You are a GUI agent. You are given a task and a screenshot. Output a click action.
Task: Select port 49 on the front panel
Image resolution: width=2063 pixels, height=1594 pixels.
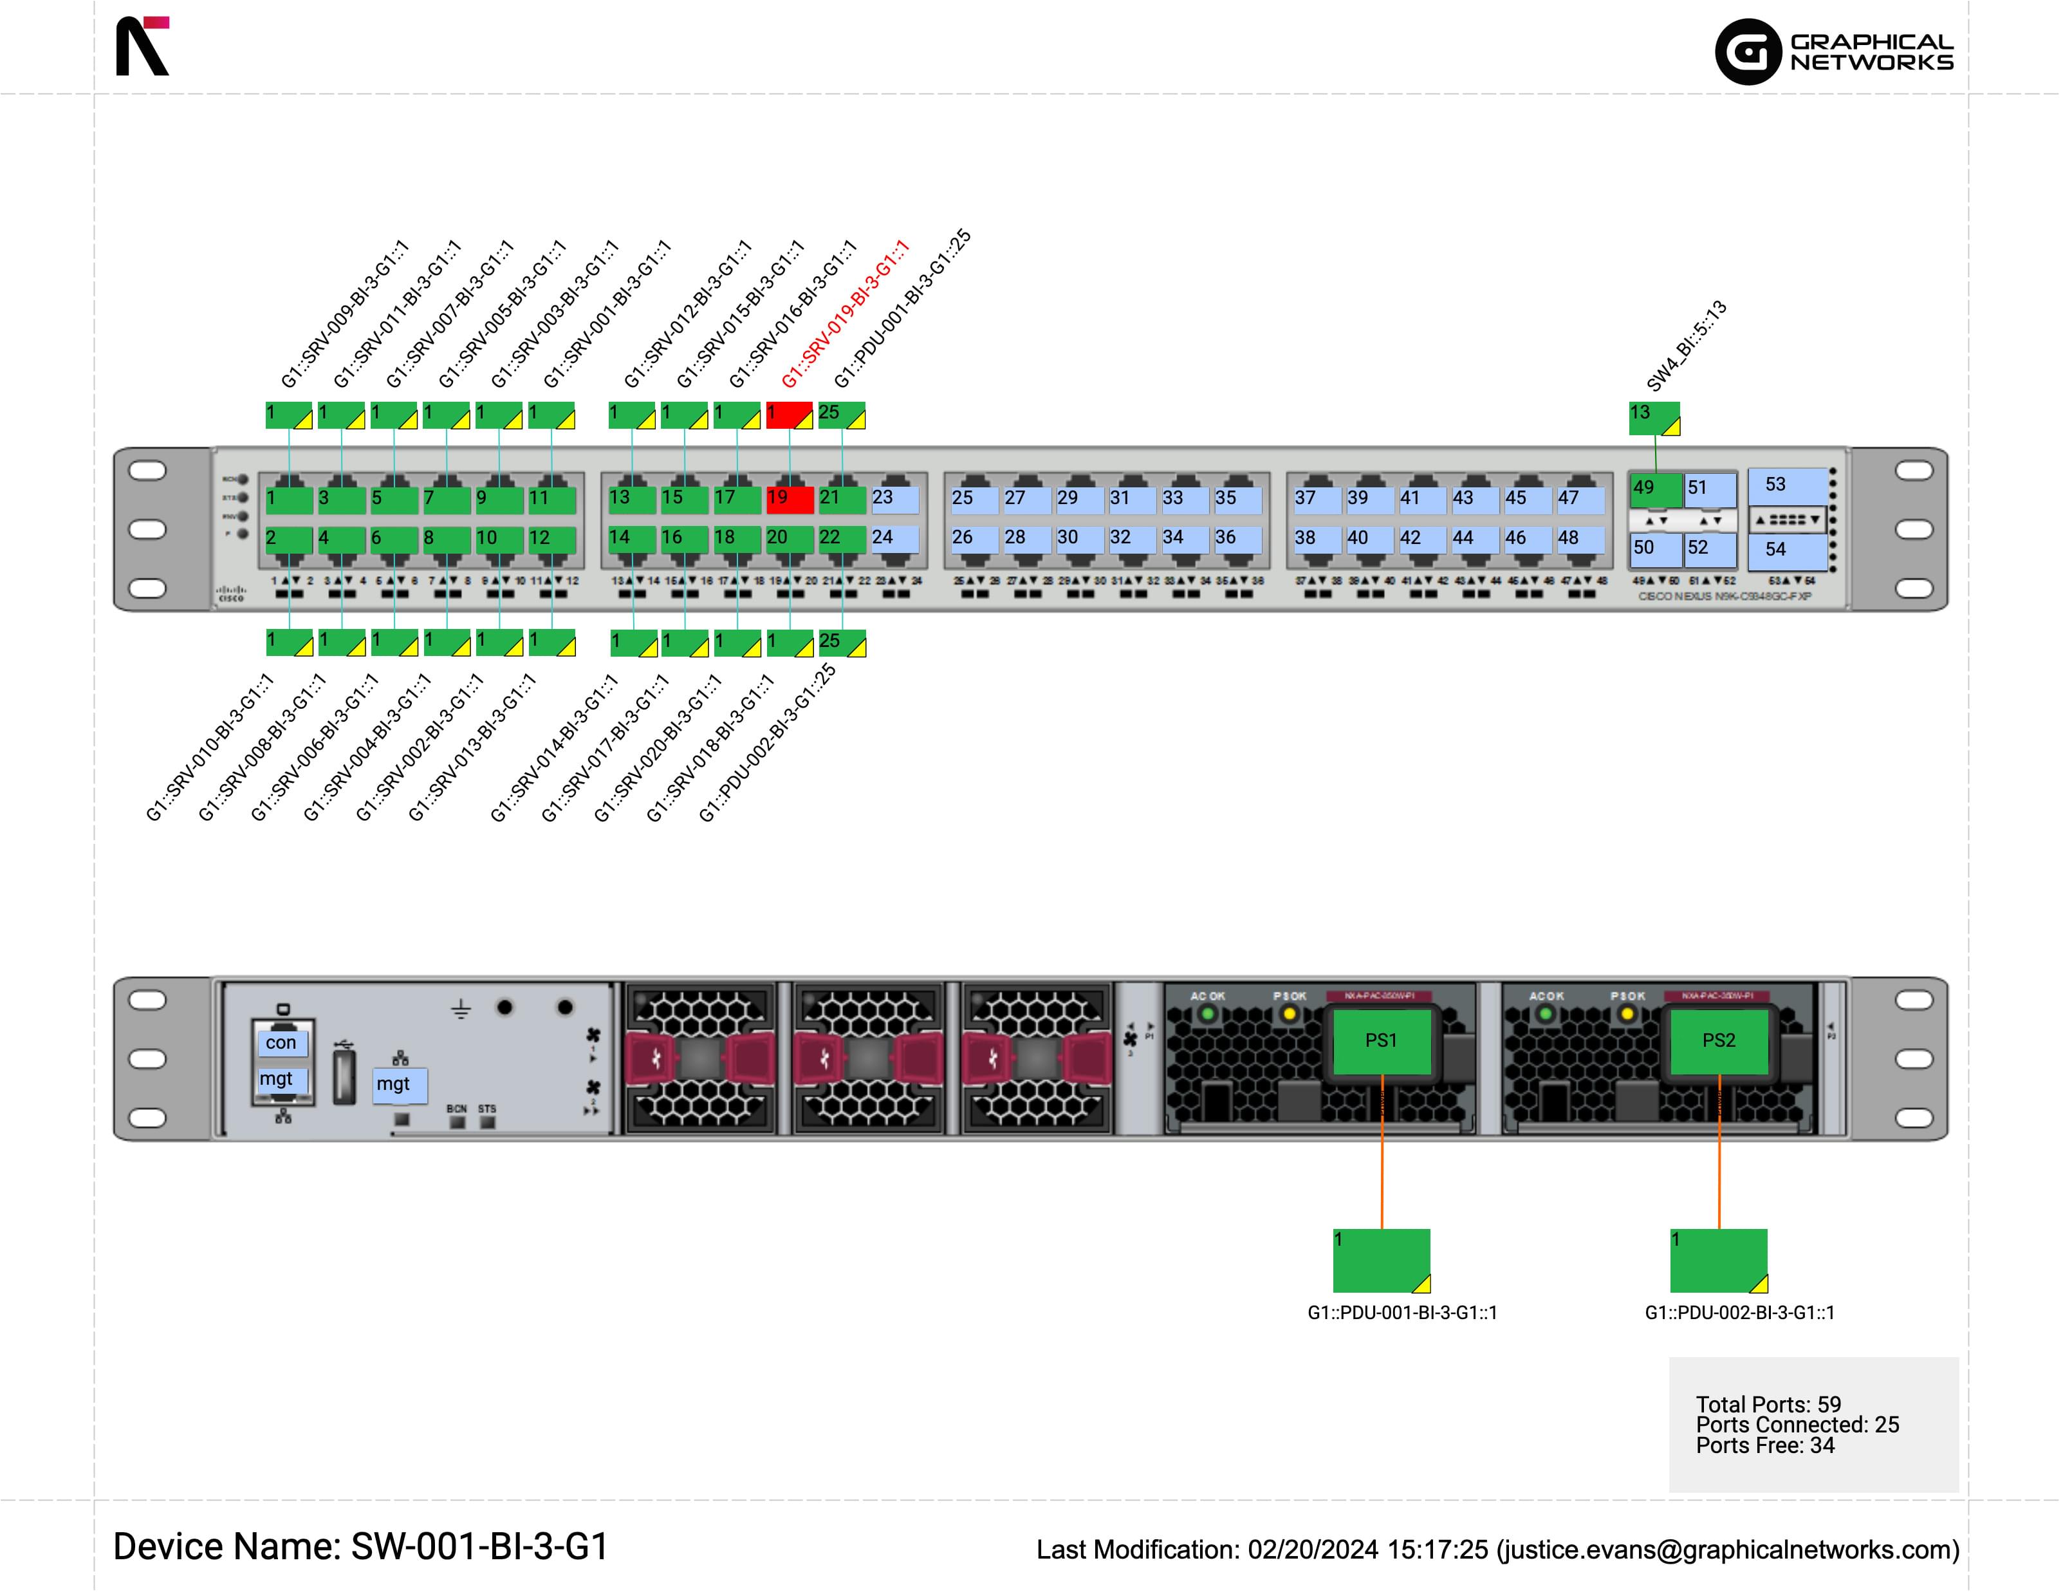(1655, 489)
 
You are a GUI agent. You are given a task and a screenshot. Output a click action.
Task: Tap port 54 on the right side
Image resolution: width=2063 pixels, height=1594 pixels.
(1787, 550)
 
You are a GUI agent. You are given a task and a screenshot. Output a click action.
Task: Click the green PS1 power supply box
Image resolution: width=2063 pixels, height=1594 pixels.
(1381, 1040)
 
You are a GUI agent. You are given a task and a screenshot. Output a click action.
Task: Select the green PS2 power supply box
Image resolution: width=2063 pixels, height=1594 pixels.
(1718, 1040)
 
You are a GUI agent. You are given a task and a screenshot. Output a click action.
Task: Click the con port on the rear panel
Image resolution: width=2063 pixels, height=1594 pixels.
(281, 1043)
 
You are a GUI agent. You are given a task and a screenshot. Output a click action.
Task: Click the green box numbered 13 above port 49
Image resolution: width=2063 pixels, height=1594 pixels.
(1653, 418)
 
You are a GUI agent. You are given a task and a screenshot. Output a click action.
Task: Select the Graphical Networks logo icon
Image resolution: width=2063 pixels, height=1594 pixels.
(1748, 52)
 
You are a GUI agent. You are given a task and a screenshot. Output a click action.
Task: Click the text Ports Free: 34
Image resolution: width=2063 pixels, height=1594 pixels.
(1764, 1446)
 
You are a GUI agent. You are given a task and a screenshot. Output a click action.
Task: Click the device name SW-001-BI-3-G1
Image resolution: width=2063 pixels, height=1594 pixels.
(479, 1547)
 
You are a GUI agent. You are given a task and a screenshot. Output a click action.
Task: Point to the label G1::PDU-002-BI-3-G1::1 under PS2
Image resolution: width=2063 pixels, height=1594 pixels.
(1739, 1313)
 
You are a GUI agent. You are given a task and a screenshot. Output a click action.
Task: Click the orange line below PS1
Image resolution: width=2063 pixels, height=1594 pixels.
(1382, 1172)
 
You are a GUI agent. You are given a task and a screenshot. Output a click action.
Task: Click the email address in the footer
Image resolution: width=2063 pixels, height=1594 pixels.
(1728, 1550)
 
